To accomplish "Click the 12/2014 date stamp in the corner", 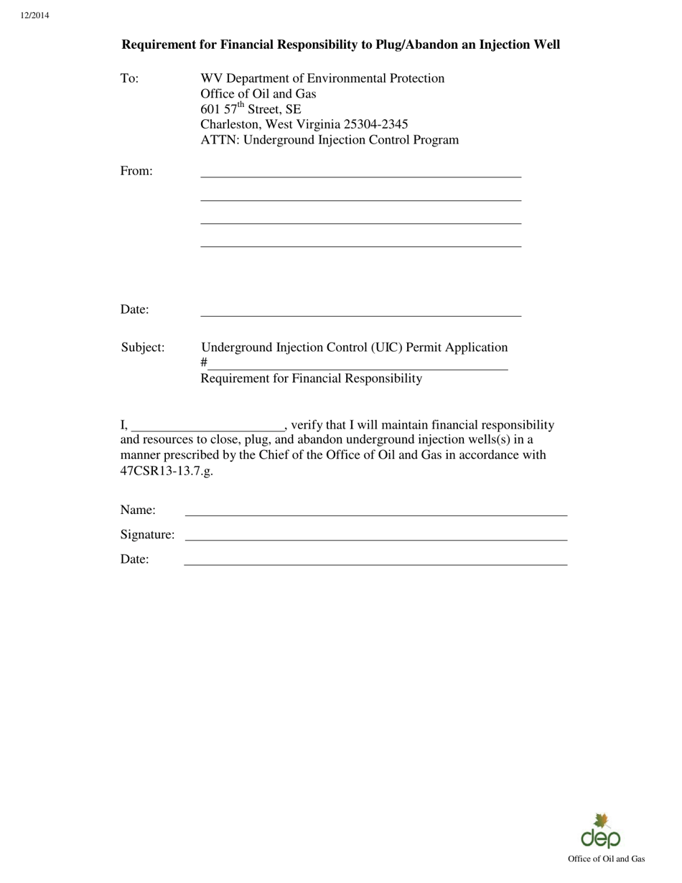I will (x=35, y=15).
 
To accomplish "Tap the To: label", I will (x=129, y=78).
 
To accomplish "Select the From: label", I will (x=136, y=171).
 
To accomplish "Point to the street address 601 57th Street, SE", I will (x=251, y=109).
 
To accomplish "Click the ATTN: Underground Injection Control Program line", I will (x=329, y=140).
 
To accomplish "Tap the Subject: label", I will (x=142, y=347).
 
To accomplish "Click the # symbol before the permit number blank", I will (x=204, y=363).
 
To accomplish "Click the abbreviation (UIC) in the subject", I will (x=386, y=347).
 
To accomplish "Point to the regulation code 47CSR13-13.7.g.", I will (x=167, y=471).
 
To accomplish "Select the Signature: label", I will (x=147, y=535).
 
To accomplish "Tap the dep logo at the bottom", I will (x=601, y=832).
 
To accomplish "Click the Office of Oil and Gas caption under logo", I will (x=606, y=859).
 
